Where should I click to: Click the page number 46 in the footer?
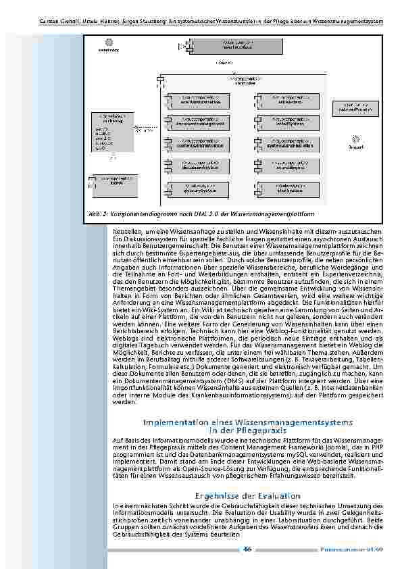click(248, 549)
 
